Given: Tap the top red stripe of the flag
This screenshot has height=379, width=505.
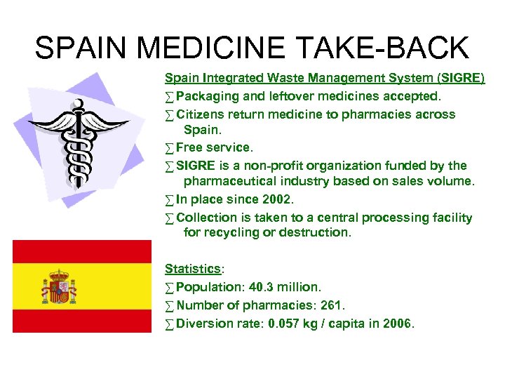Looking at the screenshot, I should point(82,251).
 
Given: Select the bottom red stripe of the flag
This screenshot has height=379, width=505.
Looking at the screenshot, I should point(82,321).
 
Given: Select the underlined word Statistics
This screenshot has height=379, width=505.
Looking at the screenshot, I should point(192,269).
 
